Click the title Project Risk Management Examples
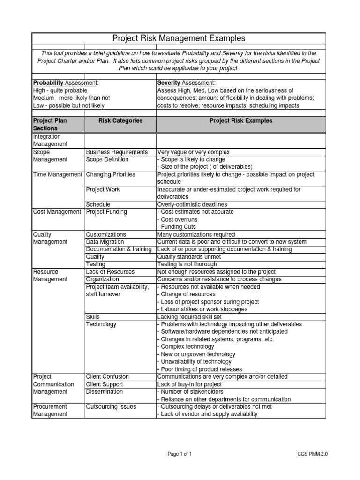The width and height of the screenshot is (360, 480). click(179, 38)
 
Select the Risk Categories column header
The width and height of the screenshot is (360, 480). click(120, 121)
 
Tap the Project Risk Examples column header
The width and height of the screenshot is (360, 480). click(240, 121)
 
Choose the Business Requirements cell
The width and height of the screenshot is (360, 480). click(117, 152)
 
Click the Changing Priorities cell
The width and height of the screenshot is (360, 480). click(110, 175)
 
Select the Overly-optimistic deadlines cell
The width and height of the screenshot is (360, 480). click(193, 205)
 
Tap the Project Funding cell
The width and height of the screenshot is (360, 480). click(106, 212)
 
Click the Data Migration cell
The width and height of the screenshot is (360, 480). click(105, 242)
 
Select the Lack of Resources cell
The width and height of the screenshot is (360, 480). click(110, 272)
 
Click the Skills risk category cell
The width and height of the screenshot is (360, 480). click(93, 317)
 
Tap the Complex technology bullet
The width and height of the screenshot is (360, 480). click(187, 347)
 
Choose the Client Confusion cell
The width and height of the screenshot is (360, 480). click(107, 377)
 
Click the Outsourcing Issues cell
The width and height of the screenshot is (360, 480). click(111, 407)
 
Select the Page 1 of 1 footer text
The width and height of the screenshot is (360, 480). click(180, 454)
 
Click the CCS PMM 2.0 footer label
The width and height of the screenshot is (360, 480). click(313, 454)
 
